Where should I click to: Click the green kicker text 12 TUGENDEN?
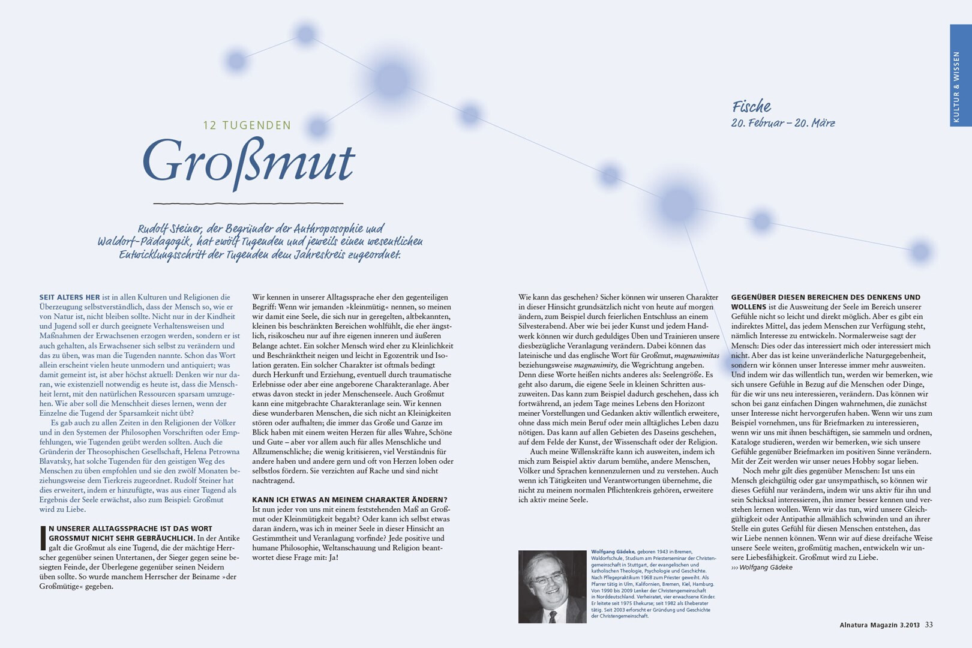point(247,125)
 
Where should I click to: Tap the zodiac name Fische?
point(751,107)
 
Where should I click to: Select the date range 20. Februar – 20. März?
point(782,123)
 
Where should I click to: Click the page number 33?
point(929,625)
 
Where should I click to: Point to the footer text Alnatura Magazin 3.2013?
point(879,625)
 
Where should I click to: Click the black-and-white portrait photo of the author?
point(552,586)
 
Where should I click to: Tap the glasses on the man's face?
point(546,580)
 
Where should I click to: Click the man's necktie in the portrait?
point(553,616)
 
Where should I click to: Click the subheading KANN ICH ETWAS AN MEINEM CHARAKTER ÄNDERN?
point(349,500)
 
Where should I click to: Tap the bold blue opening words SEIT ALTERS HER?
point(70,297)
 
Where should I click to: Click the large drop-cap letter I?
point(43,538)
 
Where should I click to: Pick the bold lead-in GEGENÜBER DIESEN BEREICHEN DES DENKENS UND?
point(825,297)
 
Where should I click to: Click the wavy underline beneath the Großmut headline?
point(248,203)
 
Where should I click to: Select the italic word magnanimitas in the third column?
point(696,355)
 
